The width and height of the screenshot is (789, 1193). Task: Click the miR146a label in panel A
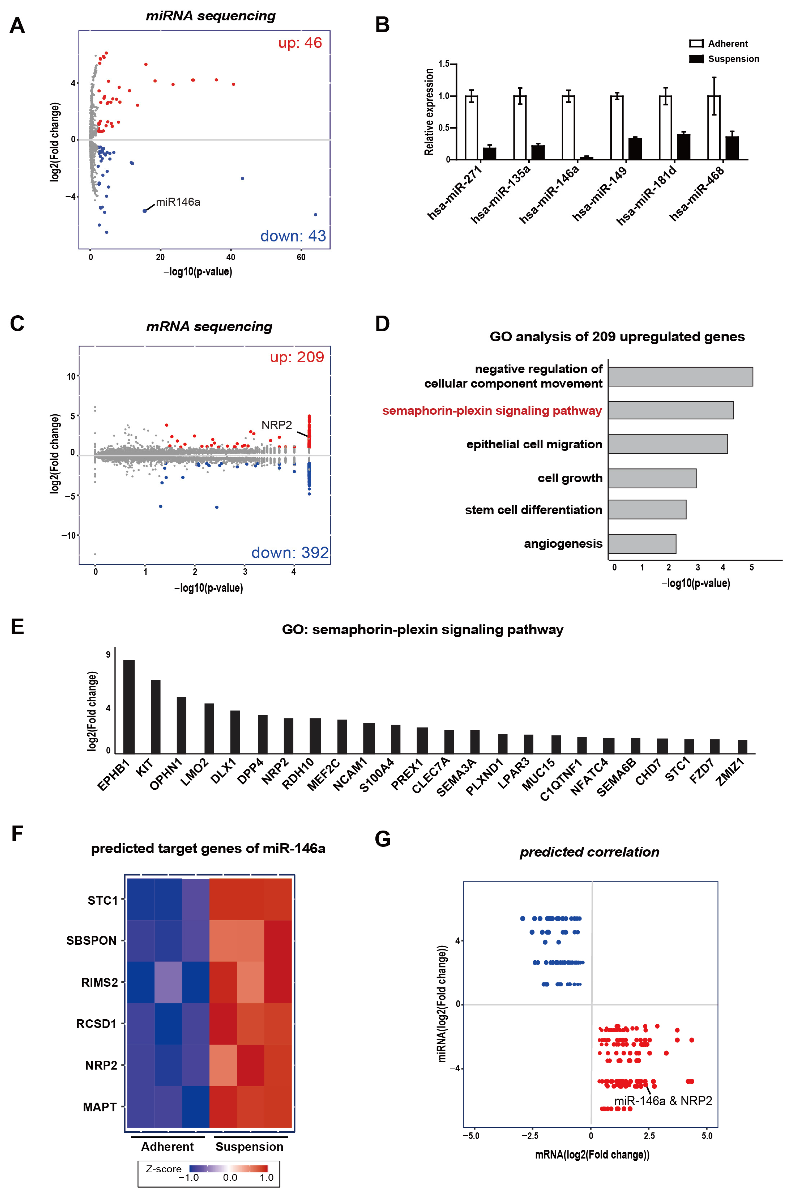point(178,202)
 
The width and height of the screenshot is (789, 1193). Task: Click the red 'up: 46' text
point(300,43)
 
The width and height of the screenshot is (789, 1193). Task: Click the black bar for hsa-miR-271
point(489,153)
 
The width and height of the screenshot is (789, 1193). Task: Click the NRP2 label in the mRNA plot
point(276,425)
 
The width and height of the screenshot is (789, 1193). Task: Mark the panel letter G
point(382,839)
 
